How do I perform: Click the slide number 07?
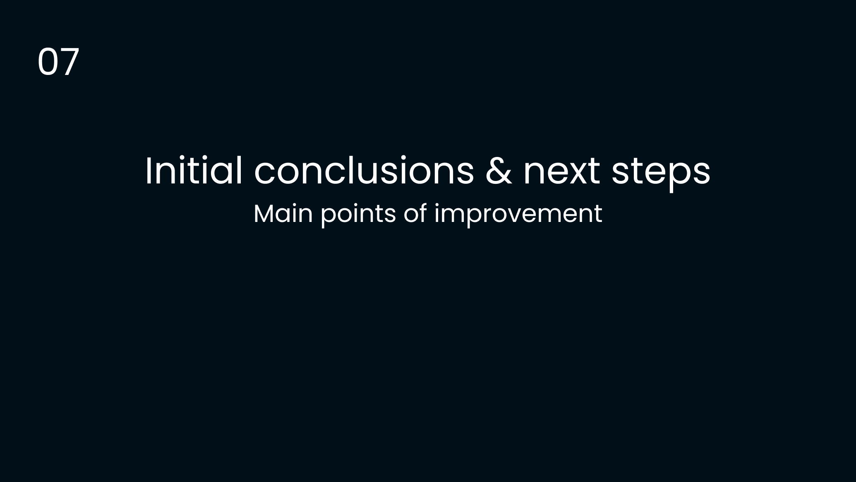tap(58, 62)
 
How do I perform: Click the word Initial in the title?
tap(194, 171)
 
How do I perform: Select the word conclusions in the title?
tap(364, 171)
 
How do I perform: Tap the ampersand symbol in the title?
tap(499, 171)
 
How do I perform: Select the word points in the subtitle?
tap(358, 215)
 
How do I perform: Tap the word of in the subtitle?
tap(415, 213)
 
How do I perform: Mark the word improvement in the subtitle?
tap(518, 215)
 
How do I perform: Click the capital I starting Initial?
tap(148, 171)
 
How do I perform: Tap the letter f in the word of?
tap(422, 213)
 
